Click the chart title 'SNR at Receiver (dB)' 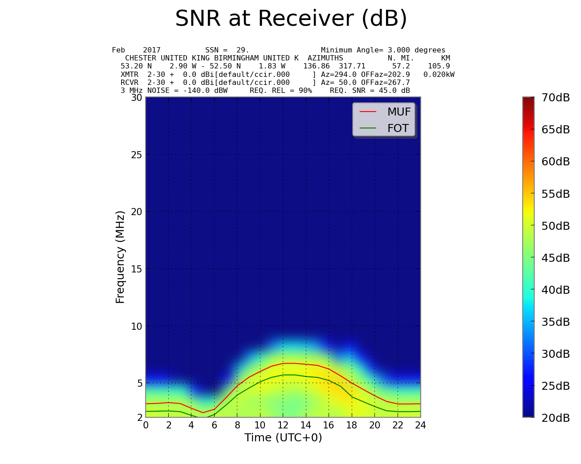(291, 19)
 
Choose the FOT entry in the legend (398, 128)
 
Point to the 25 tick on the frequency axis (136, 155)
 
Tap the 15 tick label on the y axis (136, 269)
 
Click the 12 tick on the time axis (283, 425)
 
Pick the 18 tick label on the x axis (352, 425)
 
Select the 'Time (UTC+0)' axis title (283, 438)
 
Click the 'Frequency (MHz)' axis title (120, 257)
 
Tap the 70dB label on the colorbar (556, 98)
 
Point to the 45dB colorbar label (556, 258)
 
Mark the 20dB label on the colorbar (556, 418)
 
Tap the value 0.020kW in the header (439, 75)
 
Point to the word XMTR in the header (130, 75)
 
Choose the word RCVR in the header (130, 83)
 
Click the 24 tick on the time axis (420, 425)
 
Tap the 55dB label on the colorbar (556, 194)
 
